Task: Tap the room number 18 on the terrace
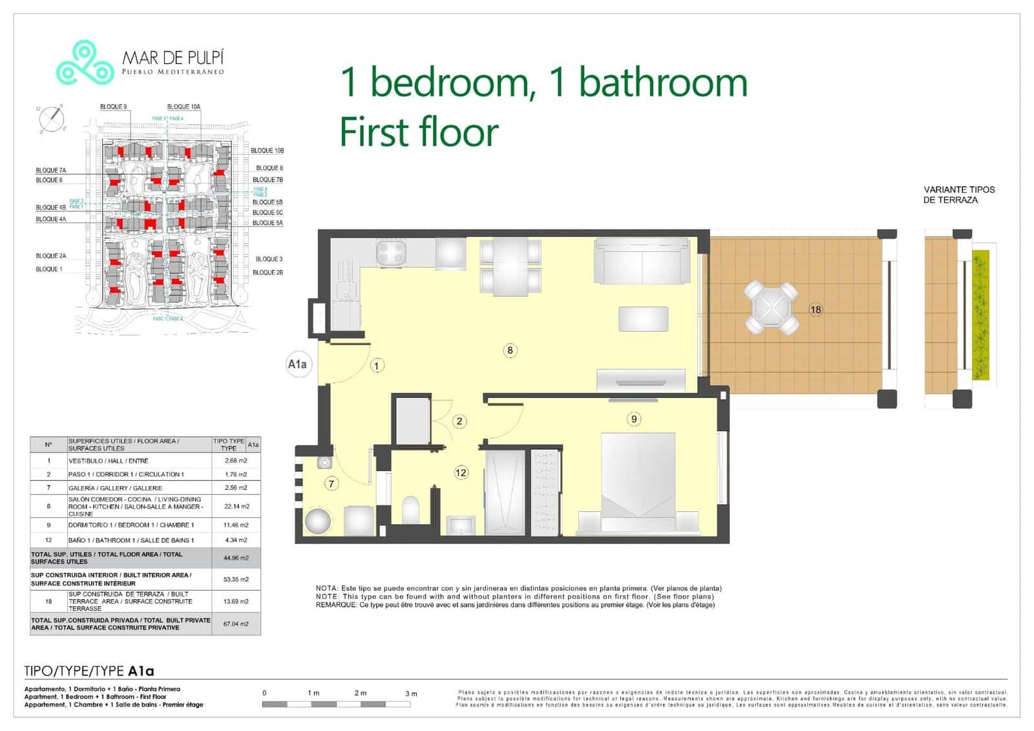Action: point(816,310)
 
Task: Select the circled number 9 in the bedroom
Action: point(633,419)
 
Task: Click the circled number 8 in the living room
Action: point(510,350)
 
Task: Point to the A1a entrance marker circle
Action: point(297,365)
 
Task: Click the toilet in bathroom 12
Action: point(411,510)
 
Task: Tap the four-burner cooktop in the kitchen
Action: point(392,252)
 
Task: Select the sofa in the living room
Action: point(642,260)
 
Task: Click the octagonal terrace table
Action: point(770,307)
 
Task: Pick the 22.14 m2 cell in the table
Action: point(236,506)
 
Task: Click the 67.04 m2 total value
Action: point(236,624)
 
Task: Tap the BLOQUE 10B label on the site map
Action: point(267,151)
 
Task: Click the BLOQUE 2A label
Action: point(50,256)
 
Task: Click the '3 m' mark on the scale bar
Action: point(411,694)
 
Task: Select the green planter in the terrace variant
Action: point(980,315)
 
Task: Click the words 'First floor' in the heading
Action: point(419,132)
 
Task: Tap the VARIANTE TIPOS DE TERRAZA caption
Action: point(958,195)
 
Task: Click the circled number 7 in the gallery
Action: point(331,483)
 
